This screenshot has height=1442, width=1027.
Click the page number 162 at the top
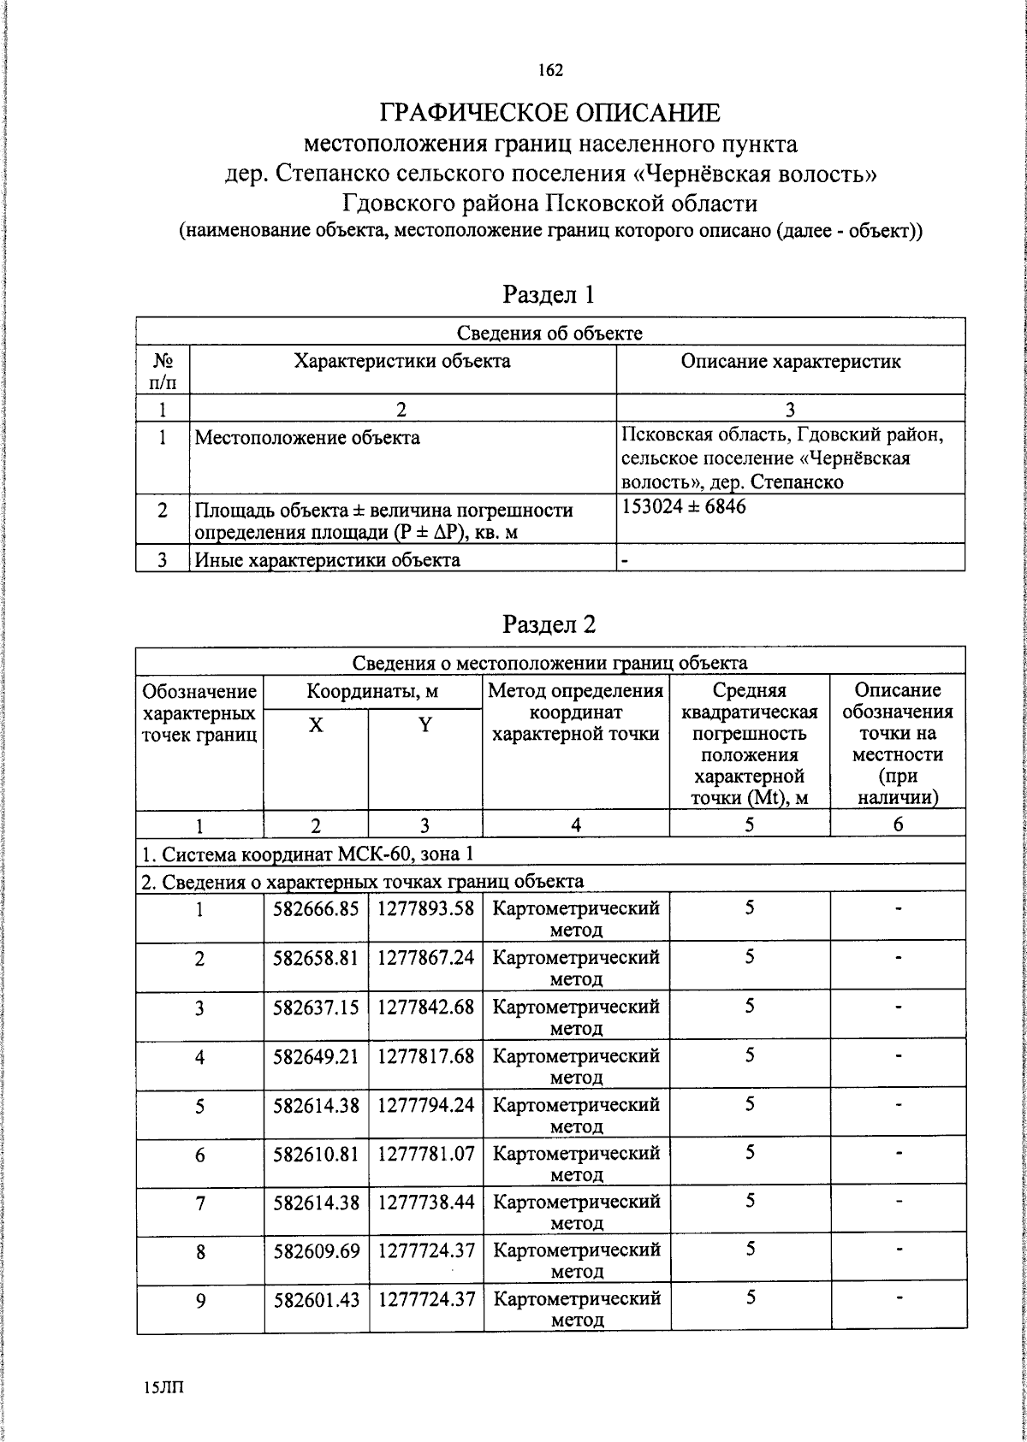point(550,70)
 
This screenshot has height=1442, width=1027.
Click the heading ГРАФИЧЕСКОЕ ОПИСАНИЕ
point(550,113)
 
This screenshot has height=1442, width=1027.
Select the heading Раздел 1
point(549,295)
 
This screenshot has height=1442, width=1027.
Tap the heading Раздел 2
point(549,624)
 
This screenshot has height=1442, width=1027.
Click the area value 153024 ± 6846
point(684,506)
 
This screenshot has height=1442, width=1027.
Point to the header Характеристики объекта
point(402,361)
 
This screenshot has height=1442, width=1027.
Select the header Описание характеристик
point(790,361)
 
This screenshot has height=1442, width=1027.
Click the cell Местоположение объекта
point(307,438)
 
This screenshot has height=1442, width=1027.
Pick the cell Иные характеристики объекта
point(327,560)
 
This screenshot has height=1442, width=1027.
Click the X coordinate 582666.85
point(316,908)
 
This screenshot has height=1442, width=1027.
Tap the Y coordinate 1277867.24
point(425,957)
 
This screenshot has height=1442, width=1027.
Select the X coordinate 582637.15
point(316,1007)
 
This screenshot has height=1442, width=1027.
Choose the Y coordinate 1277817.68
point(425,1055)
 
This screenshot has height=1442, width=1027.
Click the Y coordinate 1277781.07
point(425,1153)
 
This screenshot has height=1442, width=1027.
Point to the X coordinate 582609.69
point(316,1251)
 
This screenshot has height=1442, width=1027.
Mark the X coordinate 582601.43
point(316,1300)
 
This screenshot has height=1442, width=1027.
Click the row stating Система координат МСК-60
point(306,854)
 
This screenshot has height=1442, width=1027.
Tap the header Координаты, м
point(372,691)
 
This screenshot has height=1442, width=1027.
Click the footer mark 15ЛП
point(163,1387)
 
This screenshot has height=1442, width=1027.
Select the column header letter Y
point(425,725)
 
